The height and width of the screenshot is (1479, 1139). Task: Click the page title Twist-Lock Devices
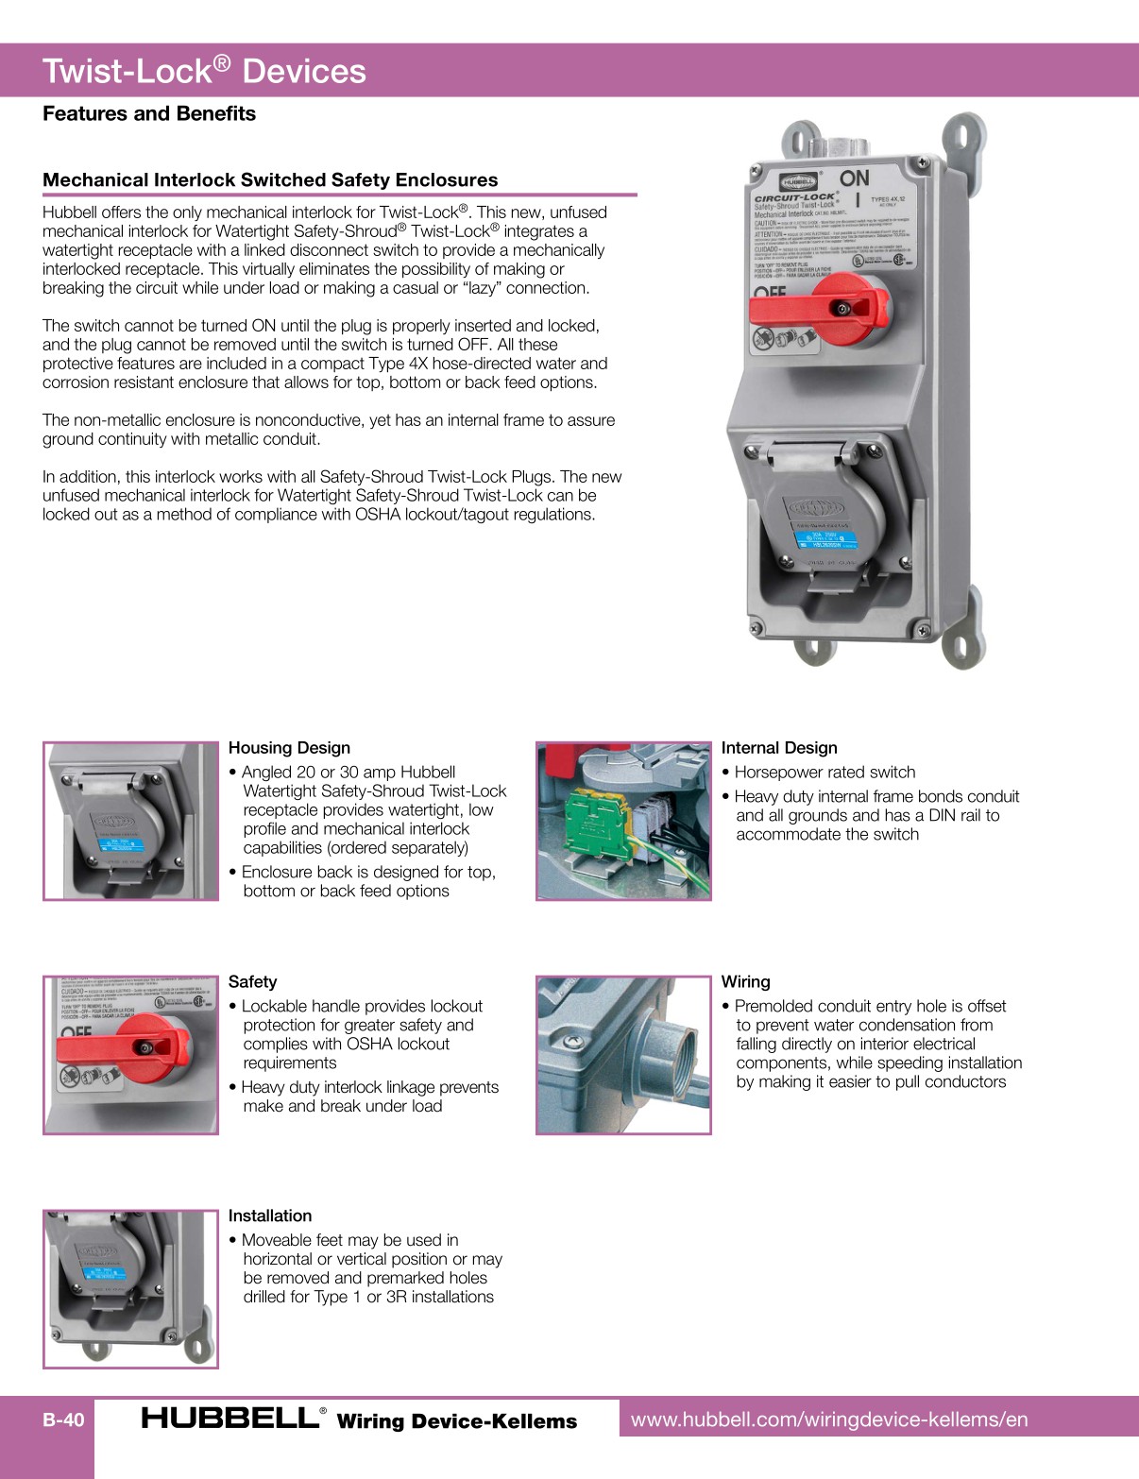pos(204,71)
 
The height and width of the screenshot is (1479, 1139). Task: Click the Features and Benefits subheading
pos(149,113)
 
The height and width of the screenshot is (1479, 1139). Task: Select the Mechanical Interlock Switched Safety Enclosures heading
pos(270,179)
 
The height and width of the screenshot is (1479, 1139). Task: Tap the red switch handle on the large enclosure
pos(817,307)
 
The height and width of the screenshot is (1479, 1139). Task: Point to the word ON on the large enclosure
pos(854,178)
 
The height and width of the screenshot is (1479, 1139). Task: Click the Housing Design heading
pos(289,748)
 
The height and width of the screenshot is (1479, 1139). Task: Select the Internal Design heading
pos(779,748)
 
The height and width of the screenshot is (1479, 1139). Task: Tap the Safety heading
pos(252,982)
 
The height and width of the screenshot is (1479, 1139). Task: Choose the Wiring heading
pos(745,982)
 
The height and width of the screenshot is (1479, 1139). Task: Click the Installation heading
pos(269,1216)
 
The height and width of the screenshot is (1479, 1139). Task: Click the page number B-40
pos(63,1419)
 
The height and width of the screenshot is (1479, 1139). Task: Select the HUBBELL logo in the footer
pos(231,1419)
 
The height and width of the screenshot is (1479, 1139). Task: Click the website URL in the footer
pos(829,1419)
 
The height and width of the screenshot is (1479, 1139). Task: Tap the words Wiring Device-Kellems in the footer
pos(456,1421)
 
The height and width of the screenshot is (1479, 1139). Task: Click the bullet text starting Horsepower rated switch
pos(824,773)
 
